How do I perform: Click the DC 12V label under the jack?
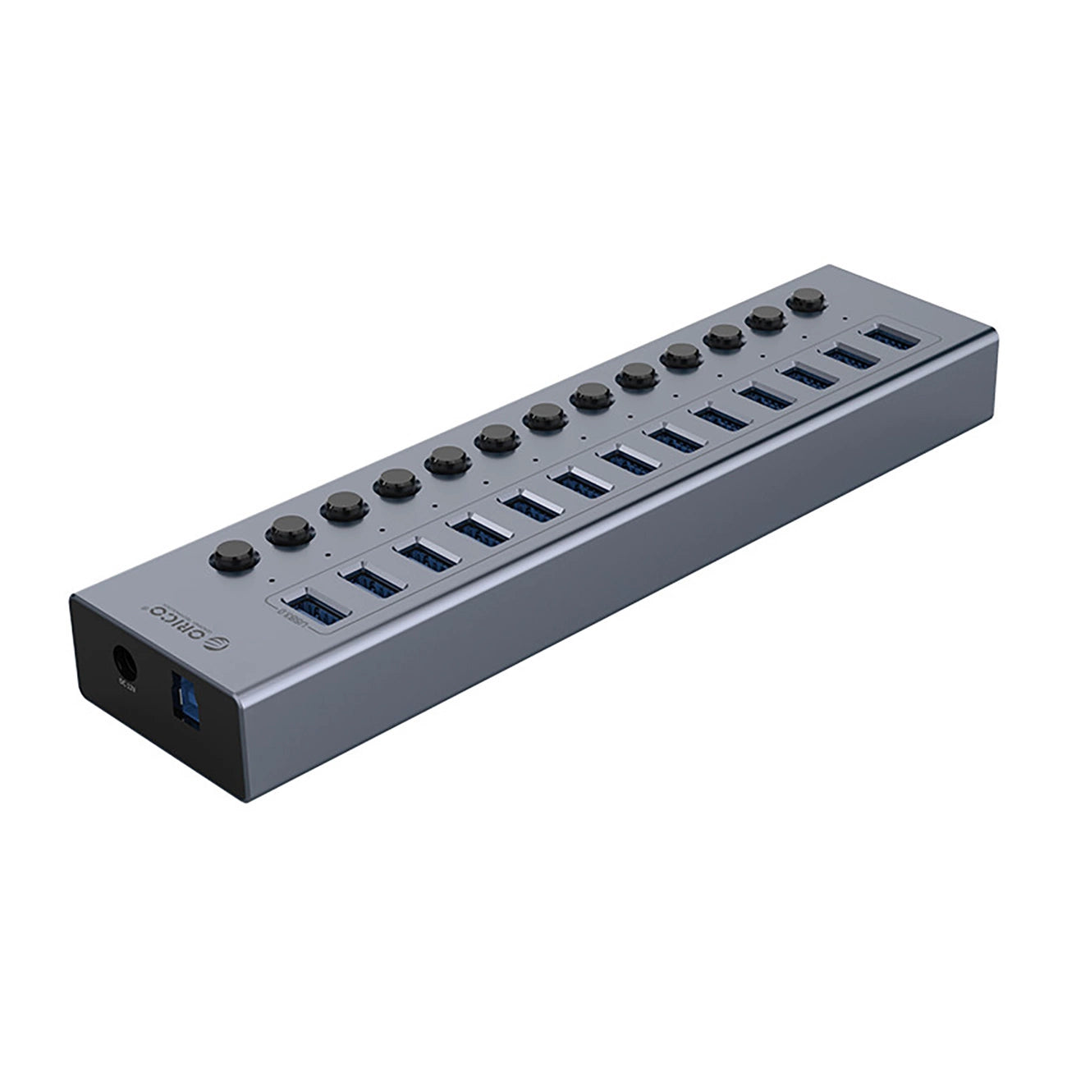click(x=129, y=682)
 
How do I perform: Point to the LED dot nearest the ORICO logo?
click(x=272, y=579)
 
